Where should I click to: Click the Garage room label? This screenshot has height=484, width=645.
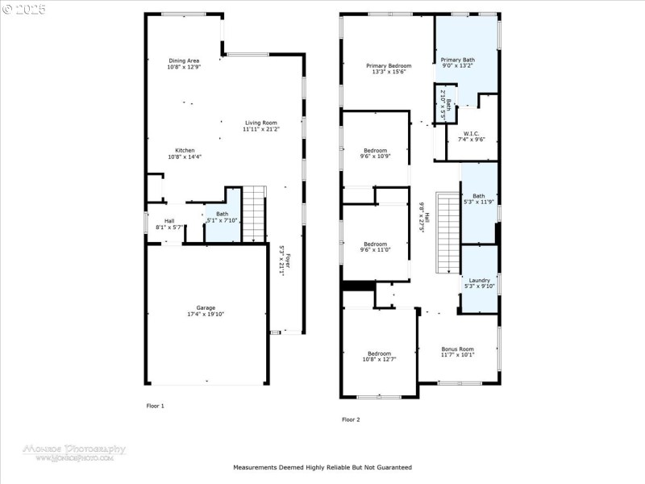(206, 308)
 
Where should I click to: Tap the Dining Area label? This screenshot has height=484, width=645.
(184, 60)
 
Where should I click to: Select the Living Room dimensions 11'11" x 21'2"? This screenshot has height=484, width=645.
(261, 130)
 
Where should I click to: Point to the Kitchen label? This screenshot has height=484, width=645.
(185, 150)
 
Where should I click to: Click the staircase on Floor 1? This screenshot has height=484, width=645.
(254, 213)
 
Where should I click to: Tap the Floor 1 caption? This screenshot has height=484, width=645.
(155, 406)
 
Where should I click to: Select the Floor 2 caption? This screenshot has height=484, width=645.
(351, 419)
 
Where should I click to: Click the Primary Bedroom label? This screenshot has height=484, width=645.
(389, 65)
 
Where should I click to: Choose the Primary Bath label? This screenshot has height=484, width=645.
(457, 60)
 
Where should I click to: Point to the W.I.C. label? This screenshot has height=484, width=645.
(471, 133)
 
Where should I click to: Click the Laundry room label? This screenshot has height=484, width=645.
(479, 280)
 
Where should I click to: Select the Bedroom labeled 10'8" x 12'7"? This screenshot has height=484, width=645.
(379, 358)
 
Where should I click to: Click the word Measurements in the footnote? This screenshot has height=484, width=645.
(256, 467)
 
